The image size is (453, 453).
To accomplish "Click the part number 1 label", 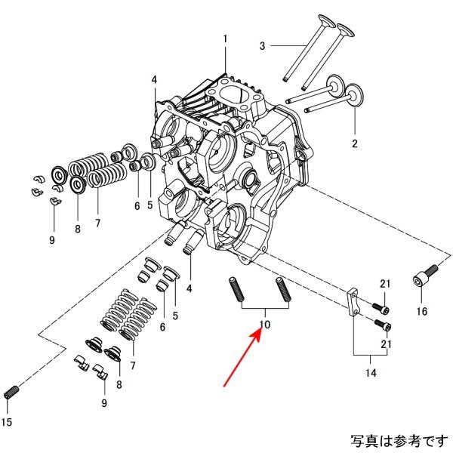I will [224, 39].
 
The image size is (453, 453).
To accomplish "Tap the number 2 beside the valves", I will [353, 143].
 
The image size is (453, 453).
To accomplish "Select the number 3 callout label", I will [263, 47].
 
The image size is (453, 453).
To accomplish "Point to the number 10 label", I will [263, 325].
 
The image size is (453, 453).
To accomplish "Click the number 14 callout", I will [371, 371].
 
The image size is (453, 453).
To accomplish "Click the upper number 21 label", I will [386, 284].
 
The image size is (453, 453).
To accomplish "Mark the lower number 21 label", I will [386, 344].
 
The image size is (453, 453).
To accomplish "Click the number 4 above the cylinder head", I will [154, 80].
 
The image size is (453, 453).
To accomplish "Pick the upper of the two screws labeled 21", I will [381, 308].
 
